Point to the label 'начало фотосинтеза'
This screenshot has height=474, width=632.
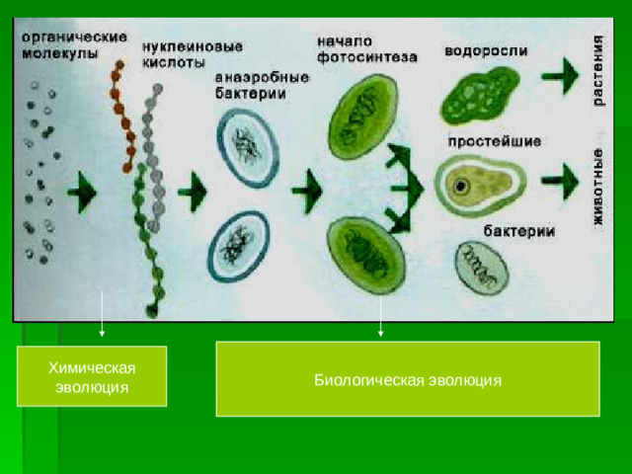coord(366,49)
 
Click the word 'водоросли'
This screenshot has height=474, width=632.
coord(486,50)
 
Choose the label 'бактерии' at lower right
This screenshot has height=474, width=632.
coord(517,231)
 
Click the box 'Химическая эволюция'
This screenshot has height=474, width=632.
coord(92,376)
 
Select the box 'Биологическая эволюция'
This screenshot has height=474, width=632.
coord(408,379)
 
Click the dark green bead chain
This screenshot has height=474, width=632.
coord(147,237)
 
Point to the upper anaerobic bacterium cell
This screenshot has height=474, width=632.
coord(247,145)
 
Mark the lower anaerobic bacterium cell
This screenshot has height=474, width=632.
coord(238,245)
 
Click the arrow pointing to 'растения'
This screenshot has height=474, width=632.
coord(563,72)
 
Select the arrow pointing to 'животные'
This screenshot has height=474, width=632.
coord(563,182)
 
